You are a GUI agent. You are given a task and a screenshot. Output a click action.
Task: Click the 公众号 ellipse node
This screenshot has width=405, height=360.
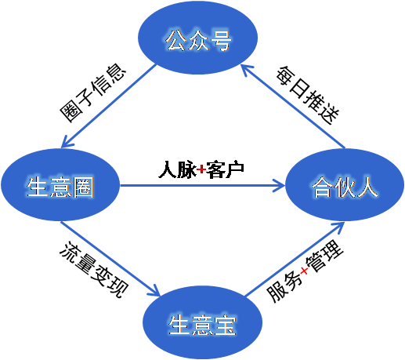coord(197,38)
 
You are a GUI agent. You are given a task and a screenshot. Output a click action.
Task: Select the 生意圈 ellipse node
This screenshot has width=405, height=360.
coord(60,185)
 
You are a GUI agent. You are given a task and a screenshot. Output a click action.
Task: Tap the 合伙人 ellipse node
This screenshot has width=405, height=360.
coord(345,185)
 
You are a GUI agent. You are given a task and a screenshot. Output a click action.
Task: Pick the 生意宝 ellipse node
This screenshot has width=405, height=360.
coord(202,322)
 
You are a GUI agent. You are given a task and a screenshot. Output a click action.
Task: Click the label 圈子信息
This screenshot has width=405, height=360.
coord(93,93)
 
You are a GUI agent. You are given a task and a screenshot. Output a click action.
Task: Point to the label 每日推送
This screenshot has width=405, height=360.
coord(308,95)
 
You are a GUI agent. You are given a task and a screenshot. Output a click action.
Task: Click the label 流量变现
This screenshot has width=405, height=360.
coord(94,270)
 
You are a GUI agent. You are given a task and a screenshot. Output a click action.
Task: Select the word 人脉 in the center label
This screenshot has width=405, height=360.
coord(177,169)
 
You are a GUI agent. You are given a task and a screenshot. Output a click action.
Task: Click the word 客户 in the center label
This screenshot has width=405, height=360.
coord(225,169)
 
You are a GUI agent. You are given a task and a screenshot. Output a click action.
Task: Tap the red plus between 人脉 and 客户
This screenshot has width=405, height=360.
coord(201,170)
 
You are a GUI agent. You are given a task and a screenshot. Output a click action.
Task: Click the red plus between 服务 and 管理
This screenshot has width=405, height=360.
coord(304,271)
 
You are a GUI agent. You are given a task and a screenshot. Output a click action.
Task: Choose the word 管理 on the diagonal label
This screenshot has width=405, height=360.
coord(324,256)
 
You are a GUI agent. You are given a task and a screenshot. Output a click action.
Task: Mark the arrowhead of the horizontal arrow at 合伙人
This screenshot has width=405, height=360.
coord(280,185)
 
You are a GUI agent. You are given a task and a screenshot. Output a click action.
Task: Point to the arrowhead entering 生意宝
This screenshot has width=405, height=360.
coord(154,291)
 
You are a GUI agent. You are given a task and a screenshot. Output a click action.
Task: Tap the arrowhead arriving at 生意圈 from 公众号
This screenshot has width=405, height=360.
coord(67,143)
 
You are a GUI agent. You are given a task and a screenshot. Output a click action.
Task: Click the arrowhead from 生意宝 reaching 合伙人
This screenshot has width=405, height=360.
coord(339,227)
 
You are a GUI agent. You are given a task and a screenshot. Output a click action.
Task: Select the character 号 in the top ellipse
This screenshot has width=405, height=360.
coord(221,40)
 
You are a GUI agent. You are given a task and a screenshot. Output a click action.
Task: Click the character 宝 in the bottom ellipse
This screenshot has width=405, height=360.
coord(225,325)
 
